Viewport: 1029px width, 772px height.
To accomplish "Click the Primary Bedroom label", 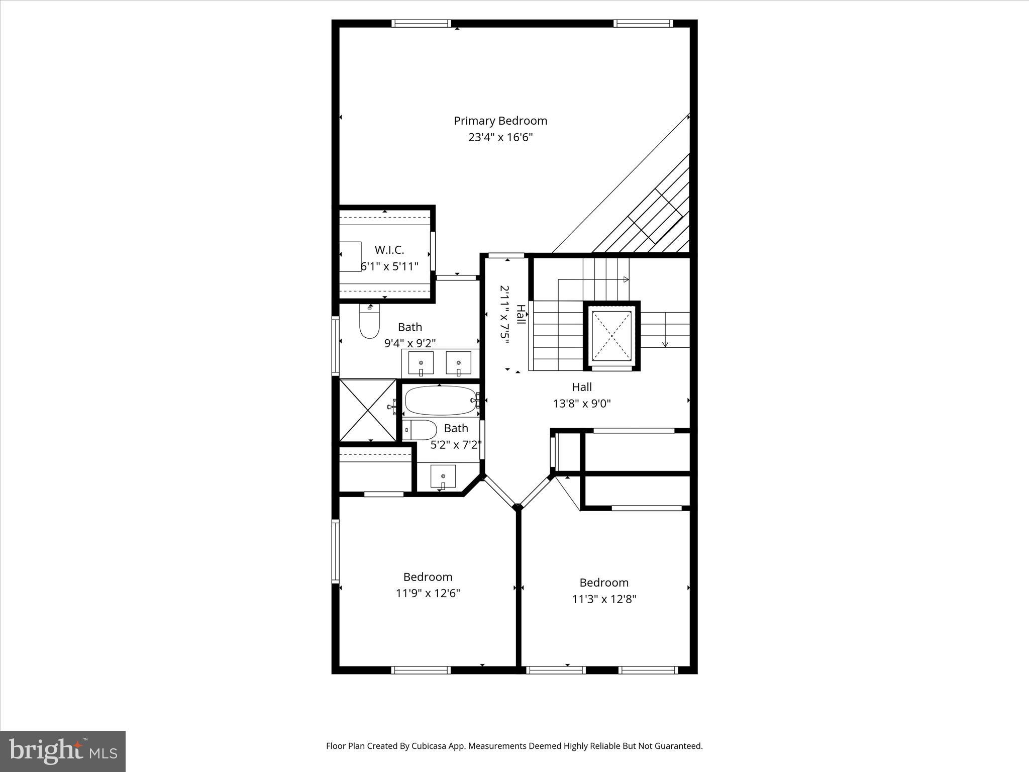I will coord(500,121).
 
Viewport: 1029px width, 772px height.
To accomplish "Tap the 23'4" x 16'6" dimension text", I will coord(500,137).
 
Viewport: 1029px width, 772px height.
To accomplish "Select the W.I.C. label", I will coord(389,250).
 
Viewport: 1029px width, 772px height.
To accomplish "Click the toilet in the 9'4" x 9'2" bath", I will coord(369,325).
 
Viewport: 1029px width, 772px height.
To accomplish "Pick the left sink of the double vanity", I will coord(421,362).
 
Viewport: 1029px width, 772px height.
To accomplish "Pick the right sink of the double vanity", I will coord(458,362).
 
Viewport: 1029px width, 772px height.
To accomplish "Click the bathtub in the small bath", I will coord(440,400).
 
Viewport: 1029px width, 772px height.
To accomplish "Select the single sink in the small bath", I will coord(443,476).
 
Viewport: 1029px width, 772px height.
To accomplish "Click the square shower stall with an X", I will coord(368,411).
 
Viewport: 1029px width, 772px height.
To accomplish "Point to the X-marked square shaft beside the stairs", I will coord(611,336).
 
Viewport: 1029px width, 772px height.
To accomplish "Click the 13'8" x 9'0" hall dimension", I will coord(582,403).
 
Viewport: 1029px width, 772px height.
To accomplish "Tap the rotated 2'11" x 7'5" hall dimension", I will coord(504,315).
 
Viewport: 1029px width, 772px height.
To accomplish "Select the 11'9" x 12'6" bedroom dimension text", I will coord(428,593).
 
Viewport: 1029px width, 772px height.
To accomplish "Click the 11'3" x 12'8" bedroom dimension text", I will coord(604,599).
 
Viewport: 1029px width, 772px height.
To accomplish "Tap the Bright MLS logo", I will coord(63,751).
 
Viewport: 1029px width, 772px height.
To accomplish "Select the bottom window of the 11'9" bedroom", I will coord(421,669).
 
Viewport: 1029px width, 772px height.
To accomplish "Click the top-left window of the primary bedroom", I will coord(421,24).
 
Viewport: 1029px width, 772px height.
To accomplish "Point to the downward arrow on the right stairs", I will coord(665,344).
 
